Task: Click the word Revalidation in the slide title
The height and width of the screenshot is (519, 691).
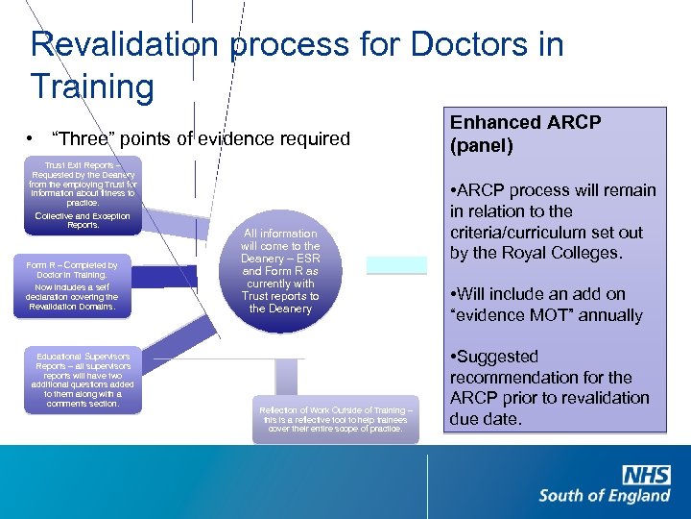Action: tap(125, 45)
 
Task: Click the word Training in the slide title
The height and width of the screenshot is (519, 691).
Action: tap(92, 86)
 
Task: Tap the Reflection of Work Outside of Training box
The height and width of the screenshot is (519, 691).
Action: tap(336, 419)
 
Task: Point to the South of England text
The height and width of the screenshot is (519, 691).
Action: tap(605, 496)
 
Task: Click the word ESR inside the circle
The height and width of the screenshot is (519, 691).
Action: tap(305, 258)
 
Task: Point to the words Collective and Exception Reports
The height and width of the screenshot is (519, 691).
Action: tap(82, 220)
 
